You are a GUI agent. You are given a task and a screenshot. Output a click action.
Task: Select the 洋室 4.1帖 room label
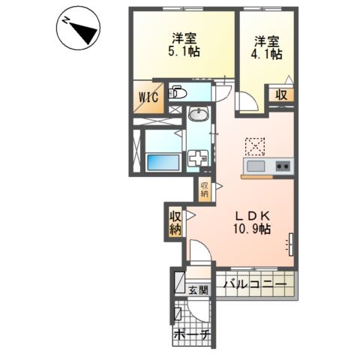[267, 48]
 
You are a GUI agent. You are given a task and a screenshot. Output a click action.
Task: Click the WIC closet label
[148, 97]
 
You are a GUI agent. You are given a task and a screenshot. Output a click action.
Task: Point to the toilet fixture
[178, 93]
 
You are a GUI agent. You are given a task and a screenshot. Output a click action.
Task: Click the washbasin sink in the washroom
[199, 114]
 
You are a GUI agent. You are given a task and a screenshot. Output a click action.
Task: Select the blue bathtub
[163, 163]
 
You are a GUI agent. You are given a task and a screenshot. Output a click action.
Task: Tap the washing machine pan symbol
[198, 158]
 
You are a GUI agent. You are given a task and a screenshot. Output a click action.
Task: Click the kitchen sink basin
[256, 166]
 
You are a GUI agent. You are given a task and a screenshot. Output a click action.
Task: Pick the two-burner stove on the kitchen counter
[283, 166]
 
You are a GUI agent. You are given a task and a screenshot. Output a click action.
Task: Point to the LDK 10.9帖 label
[252, 222]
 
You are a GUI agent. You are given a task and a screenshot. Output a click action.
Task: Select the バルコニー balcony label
[255, 284]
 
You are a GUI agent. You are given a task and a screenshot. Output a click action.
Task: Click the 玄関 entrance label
[198, 290]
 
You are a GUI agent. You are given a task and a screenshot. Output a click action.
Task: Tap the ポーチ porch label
[190, 335]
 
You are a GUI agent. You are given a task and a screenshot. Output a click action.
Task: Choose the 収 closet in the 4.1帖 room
[281, 95]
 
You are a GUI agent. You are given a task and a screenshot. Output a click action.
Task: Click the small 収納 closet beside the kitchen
[205, 189]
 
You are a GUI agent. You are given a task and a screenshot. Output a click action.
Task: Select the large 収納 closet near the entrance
[175, 223]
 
